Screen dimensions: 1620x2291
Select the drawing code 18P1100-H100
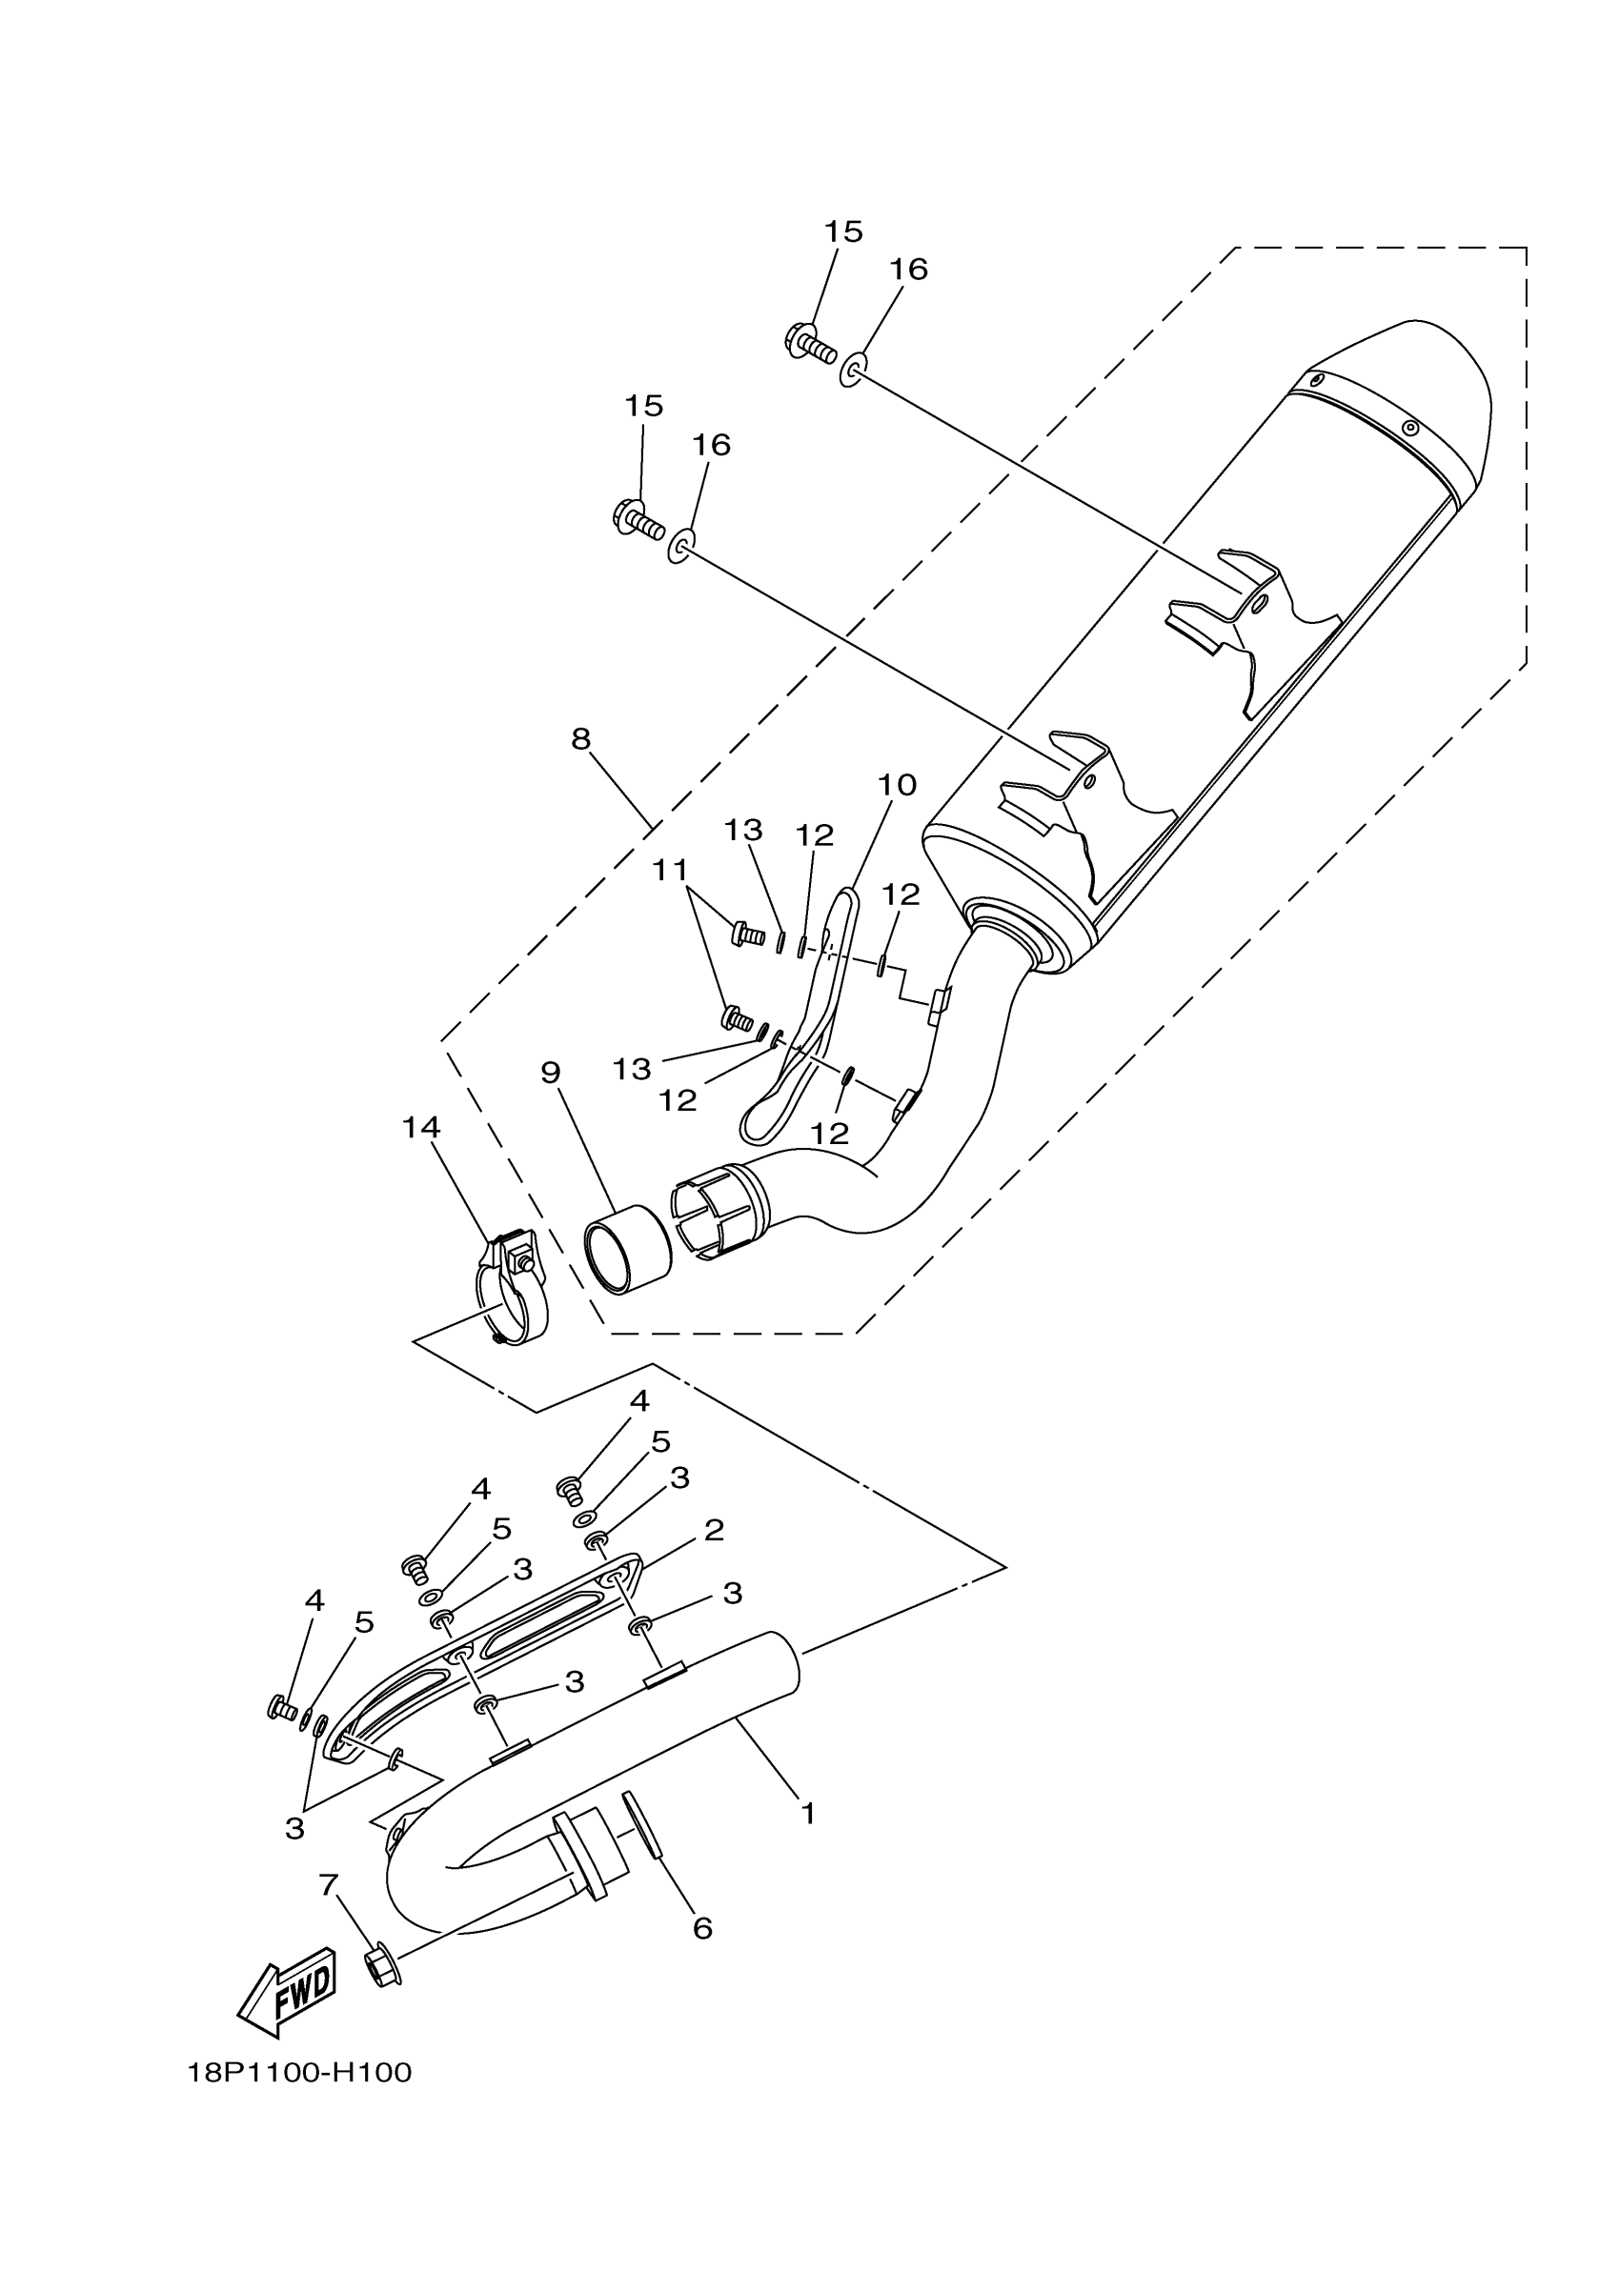click(x=299, y=2074)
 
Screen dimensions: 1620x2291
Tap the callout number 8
click(x=581, y=739)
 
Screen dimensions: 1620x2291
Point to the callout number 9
click(x=550, y=1073)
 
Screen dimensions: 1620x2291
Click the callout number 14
click(x=420, y=1128)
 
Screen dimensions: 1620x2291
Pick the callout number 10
click(x=897, y=785)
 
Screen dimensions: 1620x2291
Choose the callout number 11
click(x=670, y=871)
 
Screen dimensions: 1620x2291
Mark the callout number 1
click(x=808, y=1813)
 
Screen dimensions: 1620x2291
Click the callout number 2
click(x=714, y=1530)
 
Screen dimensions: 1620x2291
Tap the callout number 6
click(x=702, y=1929)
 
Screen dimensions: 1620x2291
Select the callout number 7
click(x=329, y=1885)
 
